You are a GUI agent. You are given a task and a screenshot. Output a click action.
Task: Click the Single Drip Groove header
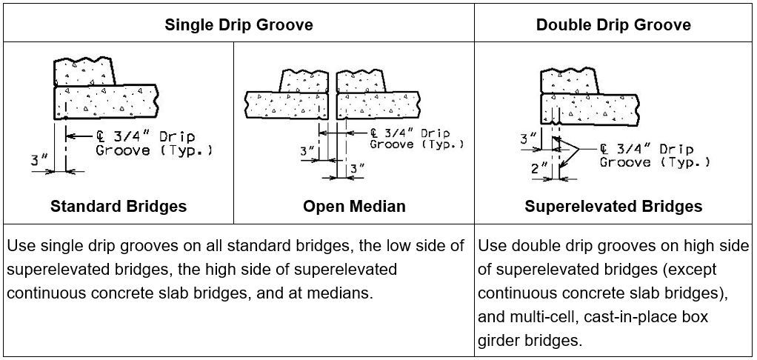coord(239,24)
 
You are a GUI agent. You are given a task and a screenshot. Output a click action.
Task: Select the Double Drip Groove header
coord(613,24)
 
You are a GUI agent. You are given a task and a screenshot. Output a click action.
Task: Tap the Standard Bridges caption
coord(119,207)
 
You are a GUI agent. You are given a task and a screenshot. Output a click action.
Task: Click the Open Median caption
coord(354,207)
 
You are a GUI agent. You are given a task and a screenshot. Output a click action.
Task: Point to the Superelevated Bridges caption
coord(613,207)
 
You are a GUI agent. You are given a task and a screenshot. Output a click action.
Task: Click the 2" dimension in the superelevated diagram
coord(539,168)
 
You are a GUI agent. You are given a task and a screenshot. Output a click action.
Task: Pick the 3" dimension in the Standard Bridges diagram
coord(39,160)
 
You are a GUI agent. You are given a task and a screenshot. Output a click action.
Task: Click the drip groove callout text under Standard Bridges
coord(153,143)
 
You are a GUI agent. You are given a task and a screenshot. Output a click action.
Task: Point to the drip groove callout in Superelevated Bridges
coord(655,156)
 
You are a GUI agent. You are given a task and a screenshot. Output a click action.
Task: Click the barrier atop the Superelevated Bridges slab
coord(570,80)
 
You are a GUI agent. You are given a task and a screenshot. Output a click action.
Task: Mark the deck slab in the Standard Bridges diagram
coord(106,101)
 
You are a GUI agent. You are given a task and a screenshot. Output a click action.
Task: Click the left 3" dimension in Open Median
coord(307,152)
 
